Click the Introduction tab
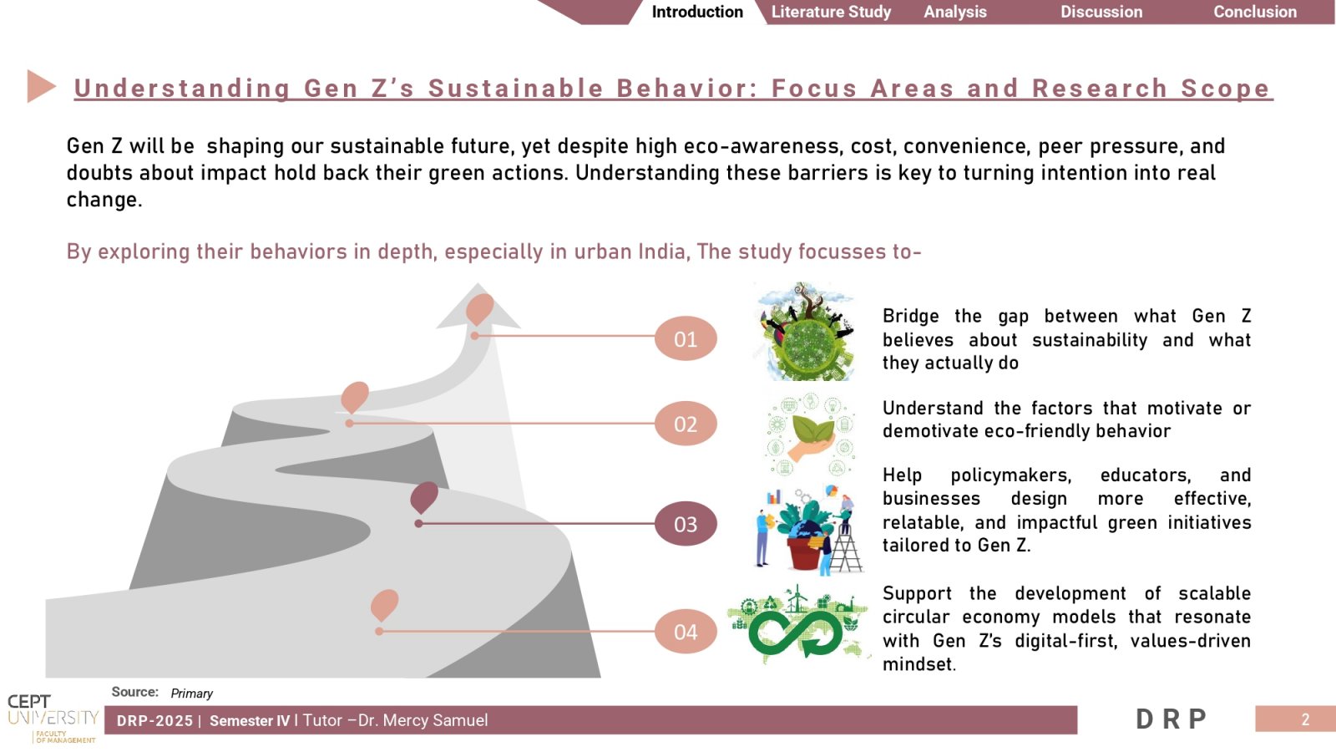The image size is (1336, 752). tap(696, 12)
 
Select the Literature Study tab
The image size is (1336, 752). tap(831, 12)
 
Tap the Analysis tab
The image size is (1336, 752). tap(955, 12)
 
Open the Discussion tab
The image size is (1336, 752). tap(1101, 12)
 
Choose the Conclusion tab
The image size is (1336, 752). tap(1255, 12)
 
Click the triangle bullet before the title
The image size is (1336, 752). tap(41, 87)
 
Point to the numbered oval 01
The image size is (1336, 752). tap(686, 338)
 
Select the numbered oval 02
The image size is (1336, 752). tap(686, 424)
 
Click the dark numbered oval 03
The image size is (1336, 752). tap(686, 524)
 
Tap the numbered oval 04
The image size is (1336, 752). tap(686, 632)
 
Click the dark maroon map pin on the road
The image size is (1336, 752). tap(424, 497)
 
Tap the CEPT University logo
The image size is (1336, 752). tap(53, 719)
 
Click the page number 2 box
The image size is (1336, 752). tap(1295, 719)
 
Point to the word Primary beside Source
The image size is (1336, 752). tap(191, 693)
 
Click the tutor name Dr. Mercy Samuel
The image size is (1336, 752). tap(423, 720)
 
